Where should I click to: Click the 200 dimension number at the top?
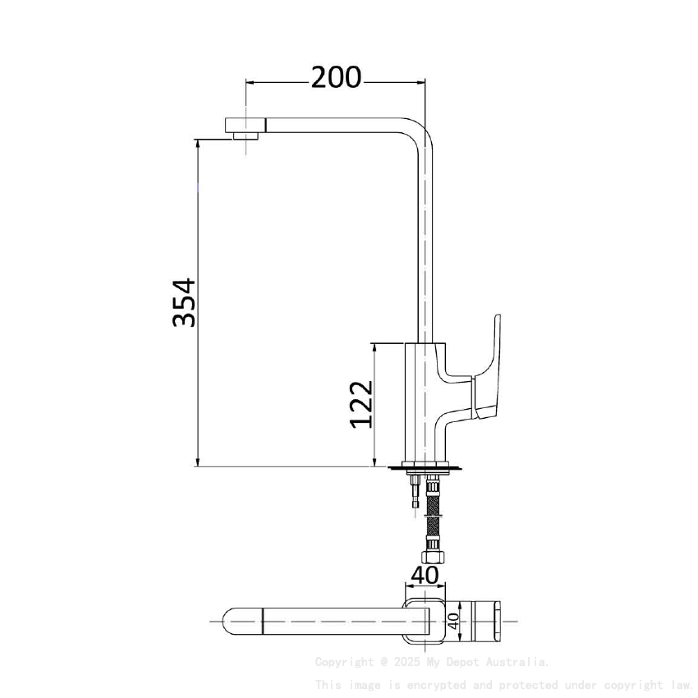(x=336, y=77)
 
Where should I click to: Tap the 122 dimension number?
(x=362, y=403)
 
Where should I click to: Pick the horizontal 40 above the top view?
(x=424, y=575)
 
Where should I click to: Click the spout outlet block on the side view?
(x=246, y=127)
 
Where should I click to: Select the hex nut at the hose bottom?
(x=433, y=557)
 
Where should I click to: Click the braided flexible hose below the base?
(x=433, y=517)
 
